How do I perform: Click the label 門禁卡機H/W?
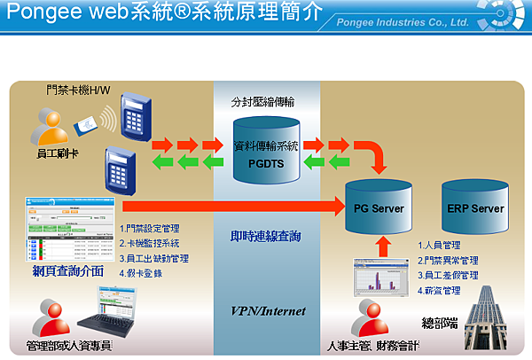tap(79, 90)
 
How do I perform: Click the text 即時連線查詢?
tap(267, 239)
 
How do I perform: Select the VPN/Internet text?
tap(268, 311)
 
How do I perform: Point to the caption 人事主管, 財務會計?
tap(377, 343)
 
